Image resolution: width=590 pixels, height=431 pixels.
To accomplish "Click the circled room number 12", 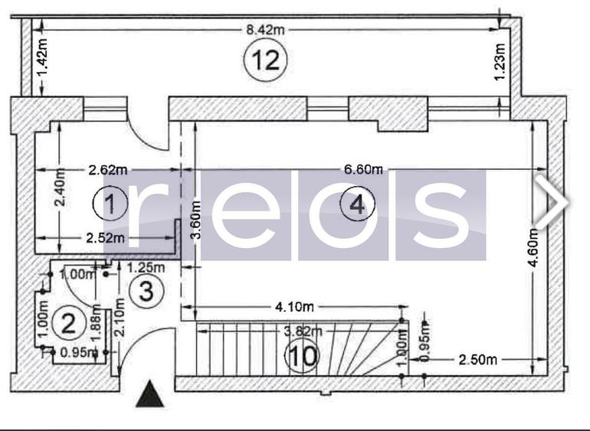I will (265, 60).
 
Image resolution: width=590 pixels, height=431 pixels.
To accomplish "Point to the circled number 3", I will (148, 292).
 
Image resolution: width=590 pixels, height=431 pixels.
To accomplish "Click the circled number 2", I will (69, 323).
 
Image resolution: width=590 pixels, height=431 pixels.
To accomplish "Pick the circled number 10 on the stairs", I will (302, 356).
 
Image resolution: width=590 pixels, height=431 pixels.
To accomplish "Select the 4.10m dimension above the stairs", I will (295, 308).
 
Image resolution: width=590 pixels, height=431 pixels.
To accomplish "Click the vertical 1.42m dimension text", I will (42, 57).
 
